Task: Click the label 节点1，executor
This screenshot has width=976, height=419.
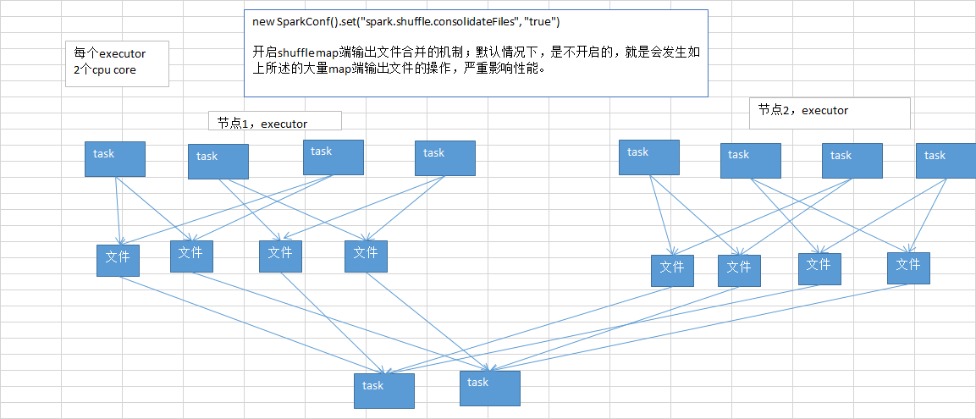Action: [262, 124]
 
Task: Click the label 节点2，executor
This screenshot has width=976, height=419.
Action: [802, 110]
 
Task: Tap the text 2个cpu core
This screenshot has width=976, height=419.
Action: [105, 70]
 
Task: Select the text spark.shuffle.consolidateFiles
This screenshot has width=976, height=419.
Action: [435, 20]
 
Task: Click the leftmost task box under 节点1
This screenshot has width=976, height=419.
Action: [114, 158]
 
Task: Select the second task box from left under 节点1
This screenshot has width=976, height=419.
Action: [218, 161]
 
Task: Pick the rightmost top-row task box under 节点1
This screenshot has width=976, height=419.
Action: [444, 157]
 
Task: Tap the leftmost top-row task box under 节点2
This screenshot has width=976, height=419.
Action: [648, 157]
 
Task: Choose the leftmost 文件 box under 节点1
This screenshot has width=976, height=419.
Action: [118, 259]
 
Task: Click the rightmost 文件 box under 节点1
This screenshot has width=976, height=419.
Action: [366, 256]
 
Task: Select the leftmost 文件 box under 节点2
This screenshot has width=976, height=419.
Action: [672, 270]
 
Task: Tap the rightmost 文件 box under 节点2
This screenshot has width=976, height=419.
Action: [908, 267]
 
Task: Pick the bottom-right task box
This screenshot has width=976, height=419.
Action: [488, 387]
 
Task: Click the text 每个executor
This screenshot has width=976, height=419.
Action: [110, 54]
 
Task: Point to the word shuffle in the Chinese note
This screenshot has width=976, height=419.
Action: [298, 52]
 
